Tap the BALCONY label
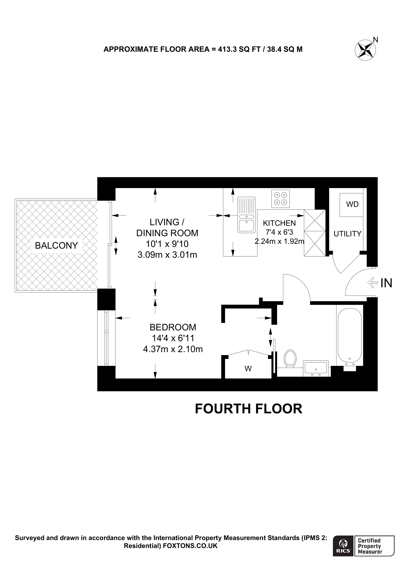[56, 245]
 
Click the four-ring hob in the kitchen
[280, 199]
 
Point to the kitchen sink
[246, 215]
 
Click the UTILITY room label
[347, 234]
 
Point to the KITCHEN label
[279, 223]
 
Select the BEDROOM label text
[173, 327]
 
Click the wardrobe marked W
[248, 368]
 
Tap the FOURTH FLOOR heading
[248, 409]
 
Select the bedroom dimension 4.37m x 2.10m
[173, 349]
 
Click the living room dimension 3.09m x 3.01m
[167, 254]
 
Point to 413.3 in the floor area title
[227, 49]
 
